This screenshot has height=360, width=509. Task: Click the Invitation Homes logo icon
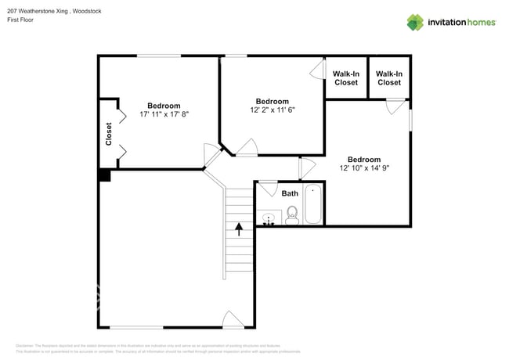tap(415, 22)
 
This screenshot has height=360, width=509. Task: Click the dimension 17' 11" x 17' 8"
tap(164, 114)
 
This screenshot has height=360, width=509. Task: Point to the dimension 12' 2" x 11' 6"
tap(273, 110)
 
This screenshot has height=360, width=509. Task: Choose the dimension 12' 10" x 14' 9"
tap(364, 168)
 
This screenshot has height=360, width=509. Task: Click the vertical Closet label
tap(109, 134)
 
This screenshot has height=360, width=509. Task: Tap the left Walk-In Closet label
tap(345, 78)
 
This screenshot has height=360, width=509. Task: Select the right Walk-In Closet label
tap(389, 78)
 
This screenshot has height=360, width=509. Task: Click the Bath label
tap(290, 193)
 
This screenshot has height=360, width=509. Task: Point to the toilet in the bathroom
tap(292, 215)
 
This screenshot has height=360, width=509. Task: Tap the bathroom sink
tap(268, 218)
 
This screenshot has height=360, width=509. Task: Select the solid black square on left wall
tap(104, 175)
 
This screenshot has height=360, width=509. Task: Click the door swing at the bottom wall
tap(233, 319)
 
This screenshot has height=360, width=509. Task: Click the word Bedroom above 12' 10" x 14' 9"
tap(364, 159)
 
